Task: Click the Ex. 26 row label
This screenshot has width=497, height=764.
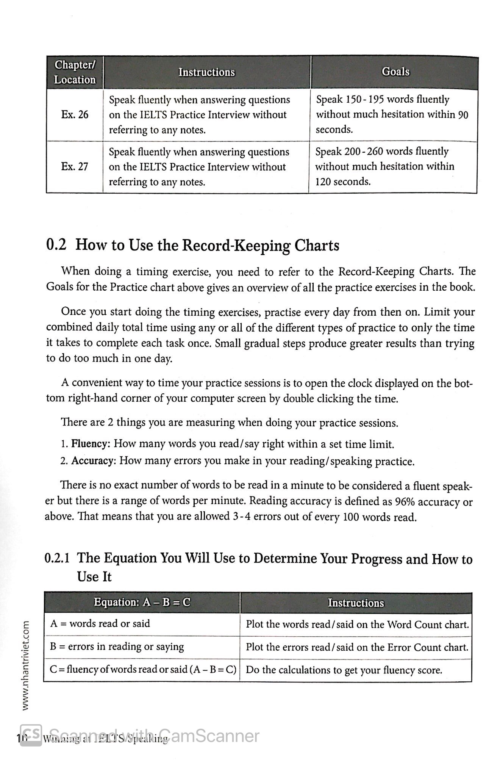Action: [x=75, y=114]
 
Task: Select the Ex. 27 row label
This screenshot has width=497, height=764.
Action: [x=75, y=167]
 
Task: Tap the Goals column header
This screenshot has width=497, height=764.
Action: [x=395, y=72]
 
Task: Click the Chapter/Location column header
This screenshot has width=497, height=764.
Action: [x=75, y=72]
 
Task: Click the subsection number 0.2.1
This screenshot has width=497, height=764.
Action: [x=57, y=559]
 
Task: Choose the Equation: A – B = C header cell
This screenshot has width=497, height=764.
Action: [x=142, y=603]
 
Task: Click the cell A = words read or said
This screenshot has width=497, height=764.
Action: [x=100, y=624]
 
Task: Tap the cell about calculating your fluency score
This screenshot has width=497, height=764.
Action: [x=344, y=670]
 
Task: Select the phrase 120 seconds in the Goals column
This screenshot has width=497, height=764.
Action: [x=343, y=182]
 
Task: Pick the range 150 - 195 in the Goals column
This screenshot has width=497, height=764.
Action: [x=365, y=100]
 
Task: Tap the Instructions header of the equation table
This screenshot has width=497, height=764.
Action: [x=356, y=603]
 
